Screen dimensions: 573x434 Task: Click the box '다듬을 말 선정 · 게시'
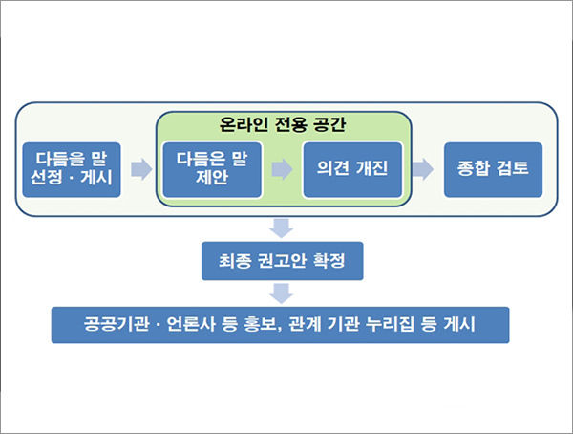[72, 170]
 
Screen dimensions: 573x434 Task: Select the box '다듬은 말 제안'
[212, 170]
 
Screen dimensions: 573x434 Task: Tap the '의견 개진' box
[352, 170]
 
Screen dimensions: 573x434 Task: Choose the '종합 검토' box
[493, 170]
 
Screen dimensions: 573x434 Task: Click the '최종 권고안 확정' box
[283, 261]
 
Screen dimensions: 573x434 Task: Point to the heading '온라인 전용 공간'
[282, 124]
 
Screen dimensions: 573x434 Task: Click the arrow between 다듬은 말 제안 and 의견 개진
[282, 169]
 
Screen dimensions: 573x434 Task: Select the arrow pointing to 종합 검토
[423, 169]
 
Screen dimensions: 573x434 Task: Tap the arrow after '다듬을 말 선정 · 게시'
[141, 169]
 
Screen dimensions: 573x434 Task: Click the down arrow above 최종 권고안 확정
[282, 228]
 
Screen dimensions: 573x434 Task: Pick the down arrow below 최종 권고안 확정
[282, 293]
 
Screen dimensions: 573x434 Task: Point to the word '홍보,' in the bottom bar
[261, 325]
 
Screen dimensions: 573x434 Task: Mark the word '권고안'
[282, 261]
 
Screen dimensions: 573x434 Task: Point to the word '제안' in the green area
[212, 178]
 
